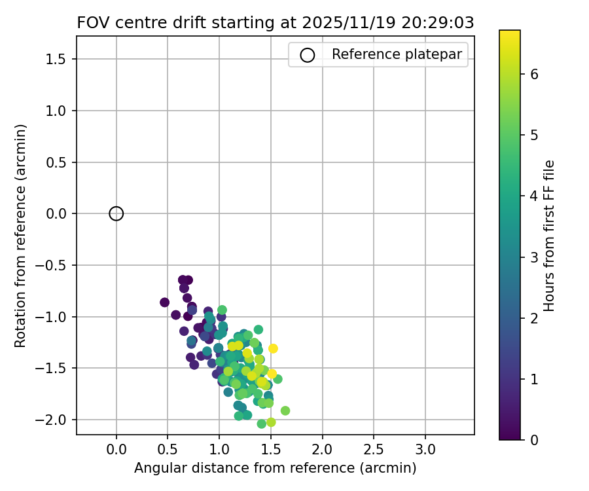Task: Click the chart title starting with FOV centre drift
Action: [275, 22]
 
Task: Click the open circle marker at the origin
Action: [116, 213]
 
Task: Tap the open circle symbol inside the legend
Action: [307, 55]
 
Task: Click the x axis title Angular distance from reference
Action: [275, 468]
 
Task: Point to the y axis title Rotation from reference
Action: [20, 235]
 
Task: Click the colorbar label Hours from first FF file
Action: [549, 236]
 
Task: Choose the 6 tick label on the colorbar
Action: [534, 74]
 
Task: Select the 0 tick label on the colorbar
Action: [534, 439]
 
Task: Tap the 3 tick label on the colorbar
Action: [534, 257]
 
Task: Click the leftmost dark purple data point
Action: [164, 302]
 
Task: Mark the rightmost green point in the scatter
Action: [285, 410]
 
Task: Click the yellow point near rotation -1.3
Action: [273, 348]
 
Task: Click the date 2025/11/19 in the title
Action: [338, 22]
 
